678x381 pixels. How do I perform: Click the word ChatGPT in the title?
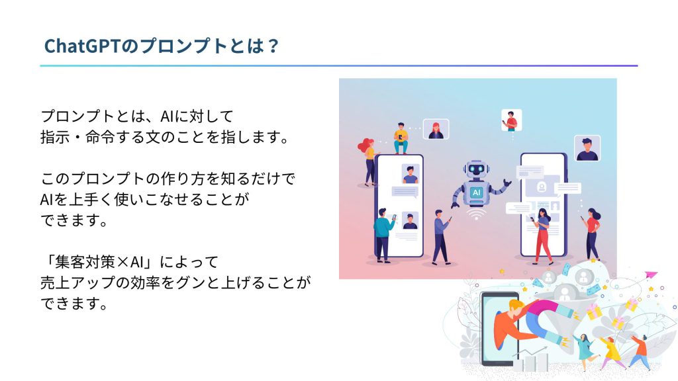81,46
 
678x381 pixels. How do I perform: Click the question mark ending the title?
273,46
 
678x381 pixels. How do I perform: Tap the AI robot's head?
476,169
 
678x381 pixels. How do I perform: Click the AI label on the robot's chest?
476,192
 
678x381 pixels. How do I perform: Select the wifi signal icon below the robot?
476,214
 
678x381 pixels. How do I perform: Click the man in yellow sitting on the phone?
401,138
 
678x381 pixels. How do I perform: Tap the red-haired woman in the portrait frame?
436,129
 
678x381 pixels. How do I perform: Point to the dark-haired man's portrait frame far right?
587,148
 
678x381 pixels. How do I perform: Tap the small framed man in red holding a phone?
512,120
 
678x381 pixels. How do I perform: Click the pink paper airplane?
651,275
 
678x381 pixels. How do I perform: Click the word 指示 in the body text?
55,138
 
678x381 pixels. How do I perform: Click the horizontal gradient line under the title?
339,65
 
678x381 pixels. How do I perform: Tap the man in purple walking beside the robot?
441,237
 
